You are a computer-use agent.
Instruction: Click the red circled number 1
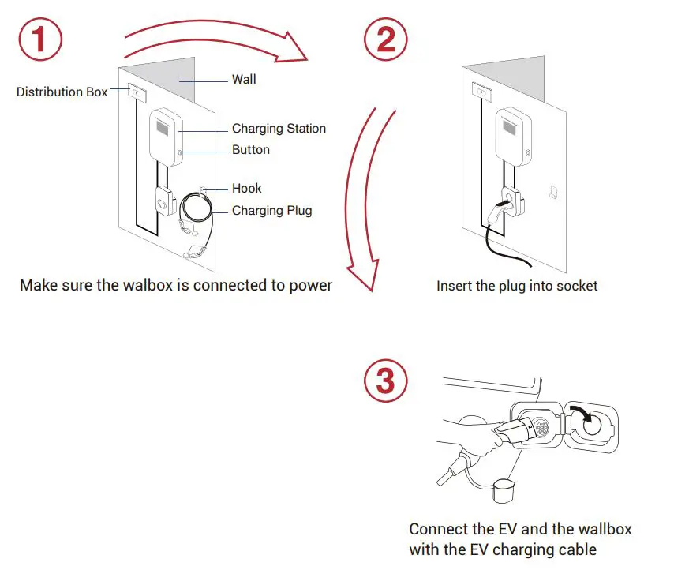click(x=41, y=39)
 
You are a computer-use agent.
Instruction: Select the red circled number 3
click(x=386, y=383)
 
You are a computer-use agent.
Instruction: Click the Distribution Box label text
click(x=62, y=92)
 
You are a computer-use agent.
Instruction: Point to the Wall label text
click(x=244, y=80)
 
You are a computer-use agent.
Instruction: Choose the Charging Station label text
click(x=279, y=129)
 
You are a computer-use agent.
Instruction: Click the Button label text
click(x=251, y=150)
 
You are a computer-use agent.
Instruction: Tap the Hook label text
click(x=246, y=189)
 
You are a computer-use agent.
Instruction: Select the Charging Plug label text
click(x=271, y=211)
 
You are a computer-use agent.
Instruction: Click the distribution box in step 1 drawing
click(x=137, y=93)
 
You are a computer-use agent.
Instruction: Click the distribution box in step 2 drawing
click(x=481, y=92)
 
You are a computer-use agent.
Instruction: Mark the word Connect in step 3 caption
click(x=436, y=529)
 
